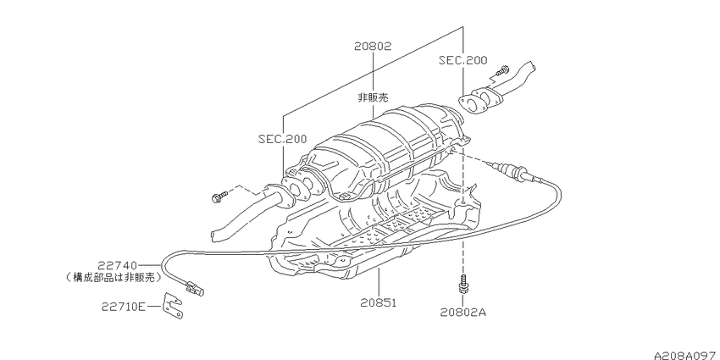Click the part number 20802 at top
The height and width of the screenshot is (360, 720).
[373, 46]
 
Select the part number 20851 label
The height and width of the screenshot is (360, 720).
[379, 302]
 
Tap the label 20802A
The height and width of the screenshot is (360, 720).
[462, 313]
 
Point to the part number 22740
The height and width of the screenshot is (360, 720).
[118, 265]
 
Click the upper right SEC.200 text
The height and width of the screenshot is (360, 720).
[462, 59]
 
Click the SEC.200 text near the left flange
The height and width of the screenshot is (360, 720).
[282, 139]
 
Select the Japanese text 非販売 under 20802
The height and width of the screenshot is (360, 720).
[374, 97]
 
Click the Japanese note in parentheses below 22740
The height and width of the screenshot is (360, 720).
[114, 277]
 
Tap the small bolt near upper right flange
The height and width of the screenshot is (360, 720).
[503, 71]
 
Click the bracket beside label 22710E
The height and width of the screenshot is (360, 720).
[174, 305]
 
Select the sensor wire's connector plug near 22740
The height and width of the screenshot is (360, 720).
[194, 288]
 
